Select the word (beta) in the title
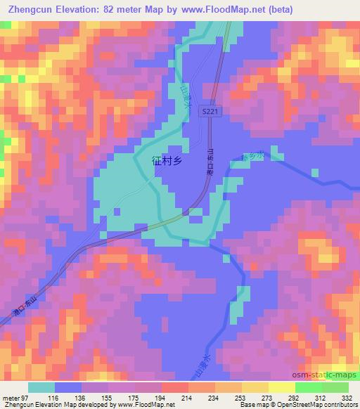pos(278,9)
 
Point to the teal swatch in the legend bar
pos(41,387)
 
